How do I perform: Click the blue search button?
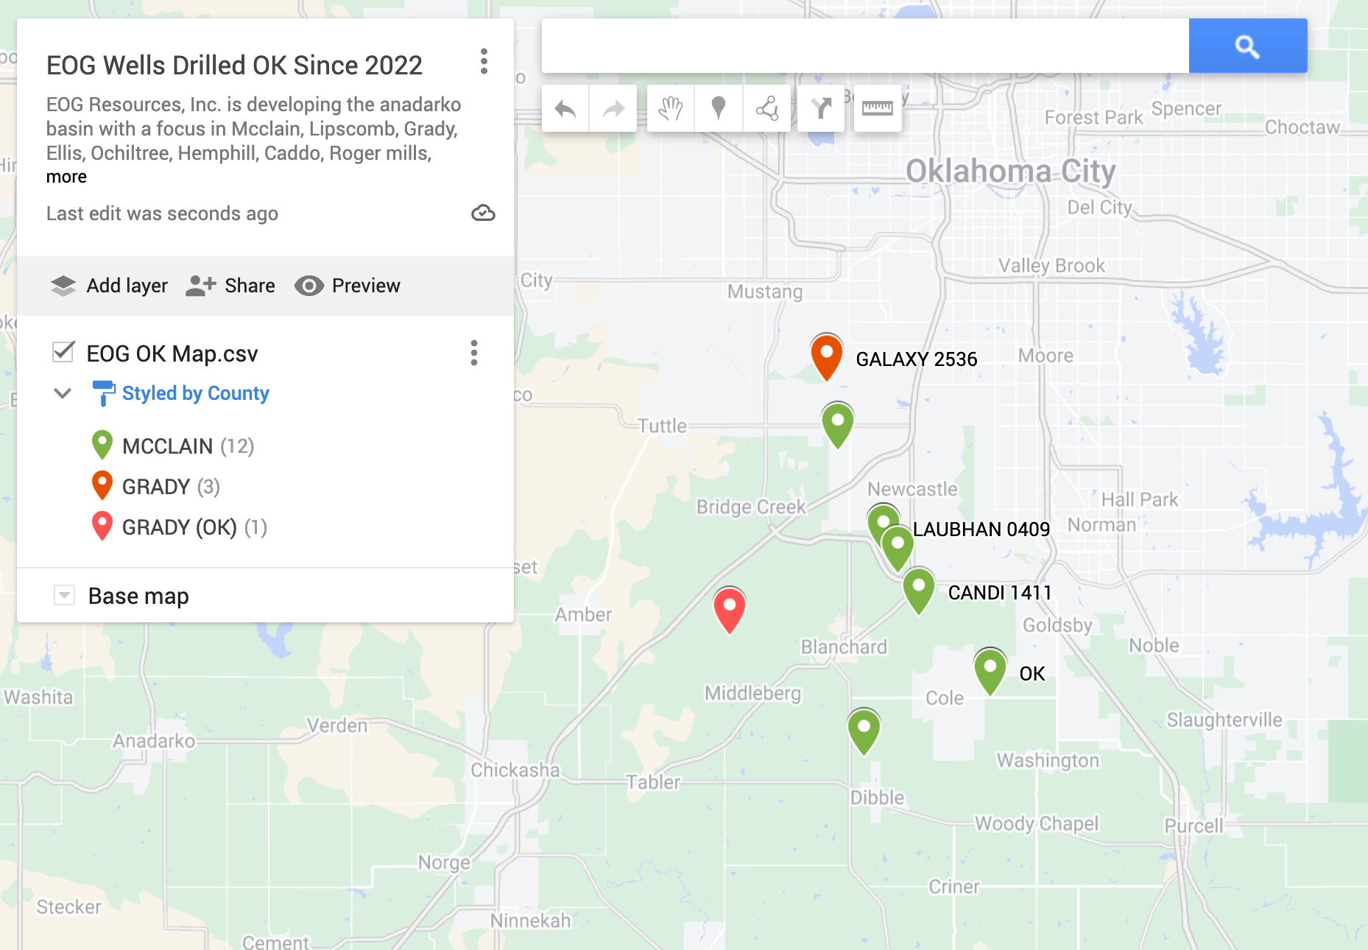pyautogui.click(x=1247, y=46)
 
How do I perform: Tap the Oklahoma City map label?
pyautogui.click(x=1010, y=172)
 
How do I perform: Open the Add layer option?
pyautogui.click(x=109, y=286)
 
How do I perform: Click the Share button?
pyautogui.click(x=230, y=286)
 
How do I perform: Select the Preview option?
pyautogui.click(x=348, y=286)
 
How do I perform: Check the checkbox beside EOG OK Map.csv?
pyautogui.click(x=63, y=352)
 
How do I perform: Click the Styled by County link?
pyautogui.click(x=195, y=393)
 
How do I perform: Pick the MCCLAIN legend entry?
pyautogui.click(x=167, y=446)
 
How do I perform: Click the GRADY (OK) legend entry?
pyautogui.click(x=179, y=527)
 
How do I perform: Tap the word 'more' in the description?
pyautogui.click(x=66, y=177)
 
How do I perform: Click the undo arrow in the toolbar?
pyautogui.click(x=565, y=109)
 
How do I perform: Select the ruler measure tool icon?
pyautogui.click(x=877, y=109)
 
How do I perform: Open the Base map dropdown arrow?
pyautogui.click(x=65, y=595)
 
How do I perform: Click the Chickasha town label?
pyautogui.click(x=515, y=770)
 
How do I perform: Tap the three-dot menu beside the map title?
pyautogui.click(x=484, y=62)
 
